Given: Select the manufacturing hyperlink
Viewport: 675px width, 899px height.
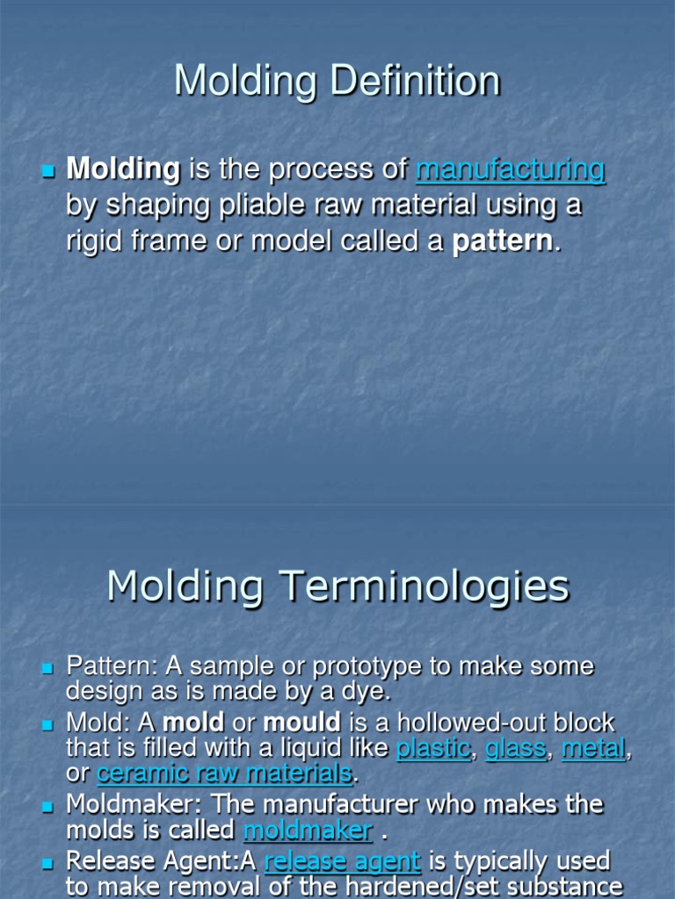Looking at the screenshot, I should (510, 169).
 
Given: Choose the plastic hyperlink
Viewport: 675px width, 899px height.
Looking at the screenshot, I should (433, 748).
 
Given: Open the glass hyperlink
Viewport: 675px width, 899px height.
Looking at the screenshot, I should (516, 748).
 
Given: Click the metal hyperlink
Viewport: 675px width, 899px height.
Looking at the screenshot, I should (593, 748).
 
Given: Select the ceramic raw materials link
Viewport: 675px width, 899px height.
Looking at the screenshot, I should (224, 773).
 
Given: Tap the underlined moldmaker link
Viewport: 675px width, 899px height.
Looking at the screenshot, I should (308, 830).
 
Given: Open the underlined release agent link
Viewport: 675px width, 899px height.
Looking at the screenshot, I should (343, 860).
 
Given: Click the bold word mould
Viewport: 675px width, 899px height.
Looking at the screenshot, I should (301, 723).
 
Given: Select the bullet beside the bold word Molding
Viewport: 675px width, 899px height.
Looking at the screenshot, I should (48, 169).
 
